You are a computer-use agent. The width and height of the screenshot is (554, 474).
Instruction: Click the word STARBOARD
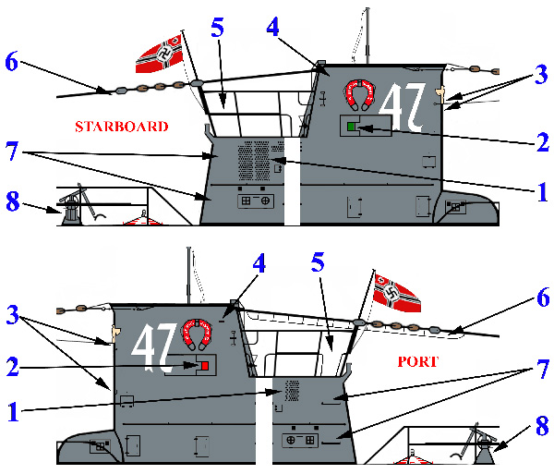[x=122, y=127]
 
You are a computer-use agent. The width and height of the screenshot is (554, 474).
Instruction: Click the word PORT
[x=418, y=361]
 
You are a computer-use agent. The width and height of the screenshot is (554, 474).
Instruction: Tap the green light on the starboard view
[x=351, y=127]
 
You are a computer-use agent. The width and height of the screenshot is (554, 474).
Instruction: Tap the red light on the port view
[x=205, y=366]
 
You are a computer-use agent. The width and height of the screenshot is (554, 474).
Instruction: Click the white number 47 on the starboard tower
[x=403, y=106]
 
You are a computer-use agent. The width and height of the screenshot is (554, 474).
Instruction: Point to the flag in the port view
[x=397, y=293]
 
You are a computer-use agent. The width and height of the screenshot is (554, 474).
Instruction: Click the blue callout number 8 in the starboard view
[x=13, y=201]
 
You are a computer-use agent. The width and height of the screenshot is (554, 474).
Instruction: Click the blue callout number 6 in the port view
[x=543, y=297]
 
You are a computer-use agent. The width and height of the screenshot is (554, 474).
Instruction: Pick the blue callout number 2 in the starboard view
[x=543, y=142]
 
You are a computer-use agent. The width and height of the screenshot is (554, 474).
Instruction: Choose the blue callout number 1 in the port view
[x=13, y=412]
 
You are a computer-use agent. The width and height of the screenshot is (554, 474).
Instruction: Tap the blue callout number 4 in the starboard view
[x=272, y=27]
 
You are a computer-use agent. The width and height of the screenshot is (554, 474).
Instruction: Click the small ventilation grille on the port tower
[x=292, y=391]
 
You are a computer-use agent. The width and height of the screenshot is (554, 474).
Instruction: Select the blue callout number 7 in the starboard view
[x=12, y=151]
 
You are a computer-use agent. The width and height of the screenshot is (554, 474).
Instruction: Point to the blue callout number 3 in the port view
[x=13, y=315]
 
